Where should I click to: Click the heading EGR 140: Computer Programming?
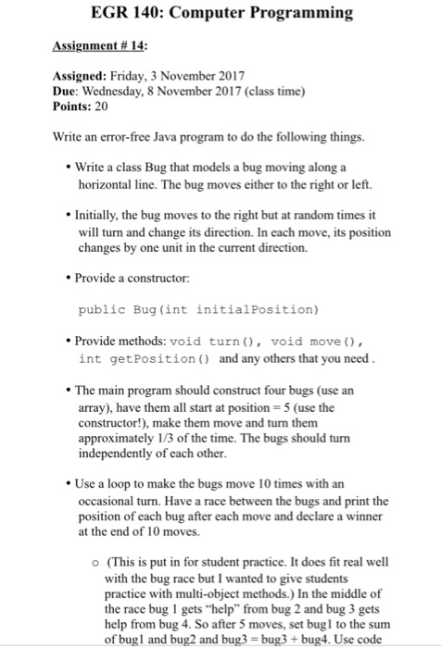click(221, 13)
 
